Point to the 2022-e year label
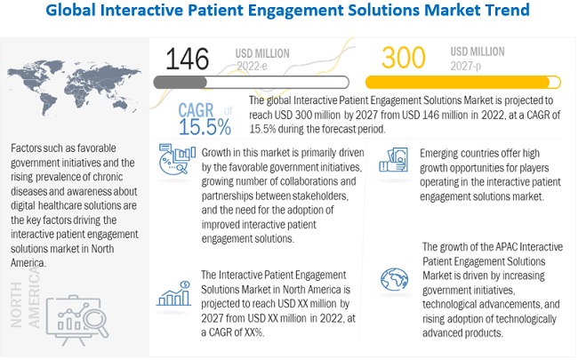pos(252,65)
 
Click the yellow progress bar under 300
pos(472,82)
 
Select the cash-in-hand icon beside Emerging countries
pos(391,158)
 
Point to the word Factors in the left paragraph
pos(31,148)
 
